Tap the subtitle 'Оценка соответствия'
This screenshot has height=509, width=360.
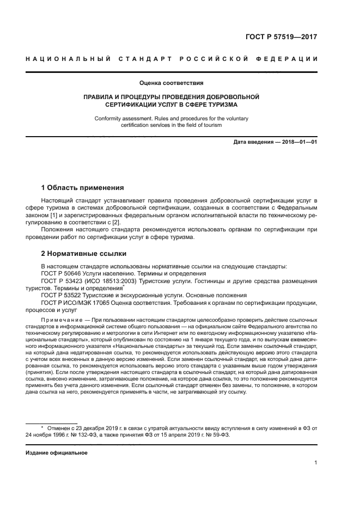click(x=171, y=83)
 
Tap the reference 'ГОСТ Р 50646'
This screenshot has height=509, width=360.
click(x=60, y=273)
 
